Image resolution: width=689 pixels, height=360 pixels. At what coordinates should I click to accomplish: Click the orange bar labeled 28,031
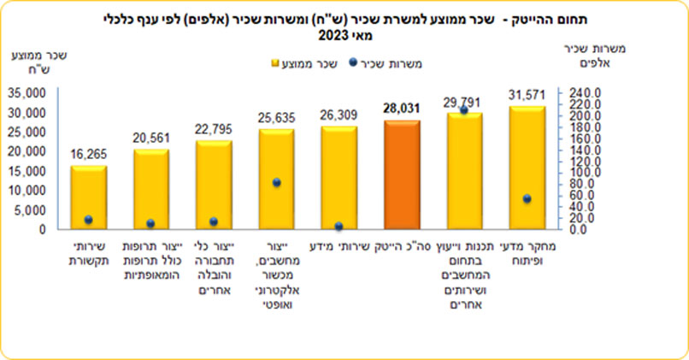402,174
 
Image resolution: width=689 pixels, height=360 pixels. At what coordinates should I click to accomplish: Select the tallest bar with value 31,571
527,168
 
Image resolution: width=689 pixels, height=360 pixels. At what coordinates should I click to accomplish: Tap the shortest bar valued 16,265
88,198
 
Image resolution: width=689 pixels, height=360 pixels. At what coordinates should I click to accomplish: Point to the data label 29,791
464,102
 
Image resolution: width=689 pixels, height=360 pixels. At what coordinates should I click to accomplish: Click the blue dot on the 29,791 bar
464,110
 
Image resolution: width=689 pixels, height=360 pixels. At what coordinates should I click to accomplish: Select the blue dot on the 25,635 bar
276,183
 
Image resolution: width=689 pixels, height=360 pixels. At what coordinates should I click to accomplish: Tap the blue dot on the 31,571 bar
527,198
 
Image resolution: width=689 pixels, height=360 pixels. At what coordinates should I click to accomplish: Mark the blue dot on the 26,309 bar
339,227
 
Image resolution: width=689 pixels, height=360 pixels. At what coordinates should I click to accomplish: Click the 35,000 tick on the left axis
28,92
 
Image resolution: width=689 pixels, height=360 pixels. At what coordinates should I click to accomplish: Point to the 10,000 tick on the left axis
28,190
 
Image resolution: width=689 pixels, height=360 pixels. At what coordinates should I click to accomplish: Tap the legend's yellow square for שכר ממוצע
275,64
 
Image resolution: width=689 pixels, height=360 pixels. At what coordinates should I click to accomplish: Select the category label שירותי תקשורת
88,254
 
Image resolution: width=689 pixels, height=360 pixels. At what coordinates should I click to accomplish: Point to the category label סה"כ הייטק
402,248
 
